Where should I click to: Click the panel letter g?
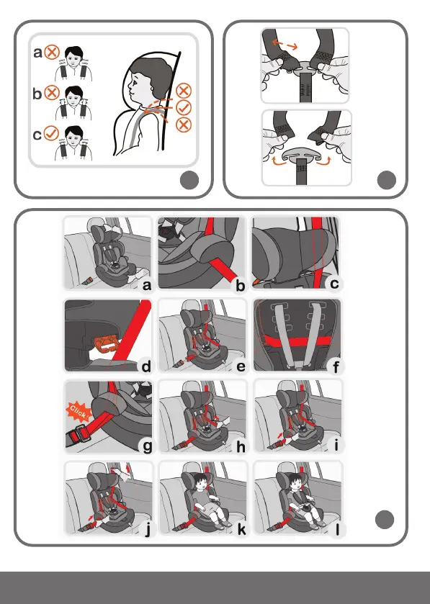(x=147, y=447)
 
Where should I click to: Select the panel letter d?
(x=146, y=366)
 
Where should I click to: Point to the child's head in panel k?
(x=201, y=482)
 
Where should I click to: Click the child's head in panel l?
(x=295, y=482)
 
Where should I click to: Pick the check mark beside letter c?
(x=51, y=134)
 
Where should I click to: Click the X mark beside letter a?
(x=51, y=52)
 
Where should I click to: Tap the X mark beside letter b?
(x=51, y=93)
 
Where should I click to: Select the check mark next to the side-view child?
(x=184, y=107)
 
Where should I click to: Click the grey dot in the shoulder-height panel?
(x=189, y=180)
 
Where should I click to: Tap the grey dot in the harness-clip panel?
(x=387, y=180)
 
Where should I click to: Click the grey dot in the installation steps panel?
(x=385, y=520)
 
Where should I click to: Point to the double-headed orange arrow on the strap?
(x=285, y=45)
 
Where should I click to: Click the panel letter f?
(x=336, y=367)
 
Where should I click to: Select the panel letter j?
(x=148, y=530)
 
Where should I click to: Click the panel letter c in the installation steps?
(x=334, y=284)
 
